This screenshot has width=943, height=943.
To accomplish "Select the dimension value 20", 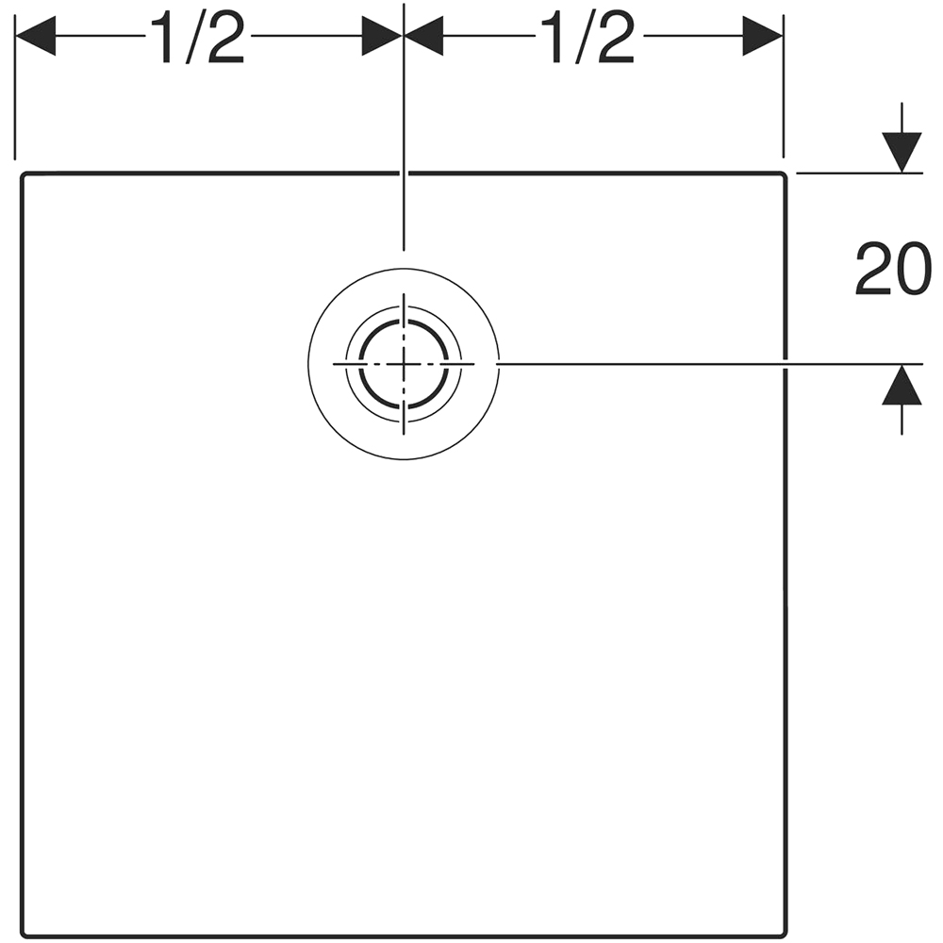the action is tap(894, 269).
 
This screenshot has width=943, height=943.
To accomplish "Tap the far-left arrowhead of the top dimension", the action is tap(36, 36).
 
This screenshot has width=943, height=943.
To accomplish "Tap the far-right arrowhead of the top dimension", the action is tap(763, 36).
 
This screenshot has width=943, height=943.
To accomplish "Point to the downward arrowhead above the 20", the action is tap(902, 152).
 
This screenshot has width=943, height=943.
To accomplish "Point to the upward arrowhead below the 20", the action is tap(902, 385).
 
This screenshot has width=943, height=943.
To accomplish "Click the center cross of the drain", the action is tap(404, 364).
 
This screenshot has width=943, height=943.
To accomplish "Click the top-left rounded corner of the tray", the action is tap(25, 175).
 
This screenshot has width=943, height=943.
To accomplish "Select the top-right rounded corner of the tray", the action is tap(783, 175).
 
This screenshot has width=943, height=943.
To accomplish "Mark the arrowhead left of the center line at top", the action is tap(382, 36).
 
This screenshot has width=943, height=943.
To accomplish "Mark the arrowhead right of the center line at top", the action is tap(424, 36).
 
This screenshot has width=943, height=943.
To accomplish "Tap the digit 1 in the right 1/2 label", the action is tap(551, 38).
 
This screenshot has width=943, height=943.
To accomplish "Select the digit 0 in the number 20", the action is tap(914, 269).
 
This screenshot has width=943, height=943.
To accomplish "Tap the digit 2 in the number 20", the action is tap(874, 269).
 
